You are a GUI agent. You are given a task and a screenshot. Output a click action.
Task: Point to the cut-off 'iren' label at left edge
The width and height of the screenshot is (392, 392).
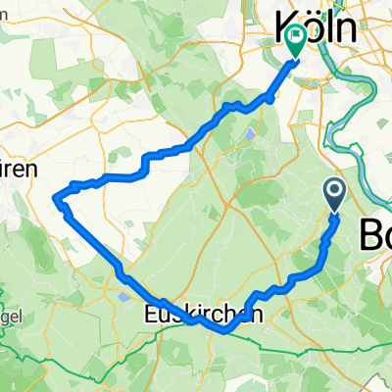point(19,169)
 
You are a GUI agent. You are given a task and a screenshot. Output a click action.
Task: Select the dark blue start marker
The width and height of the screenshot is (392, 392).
point(335,193)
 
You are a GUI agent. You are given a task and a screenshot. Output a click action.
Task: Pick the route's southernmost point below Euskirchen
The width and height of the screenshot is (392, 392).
point(225,331)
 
